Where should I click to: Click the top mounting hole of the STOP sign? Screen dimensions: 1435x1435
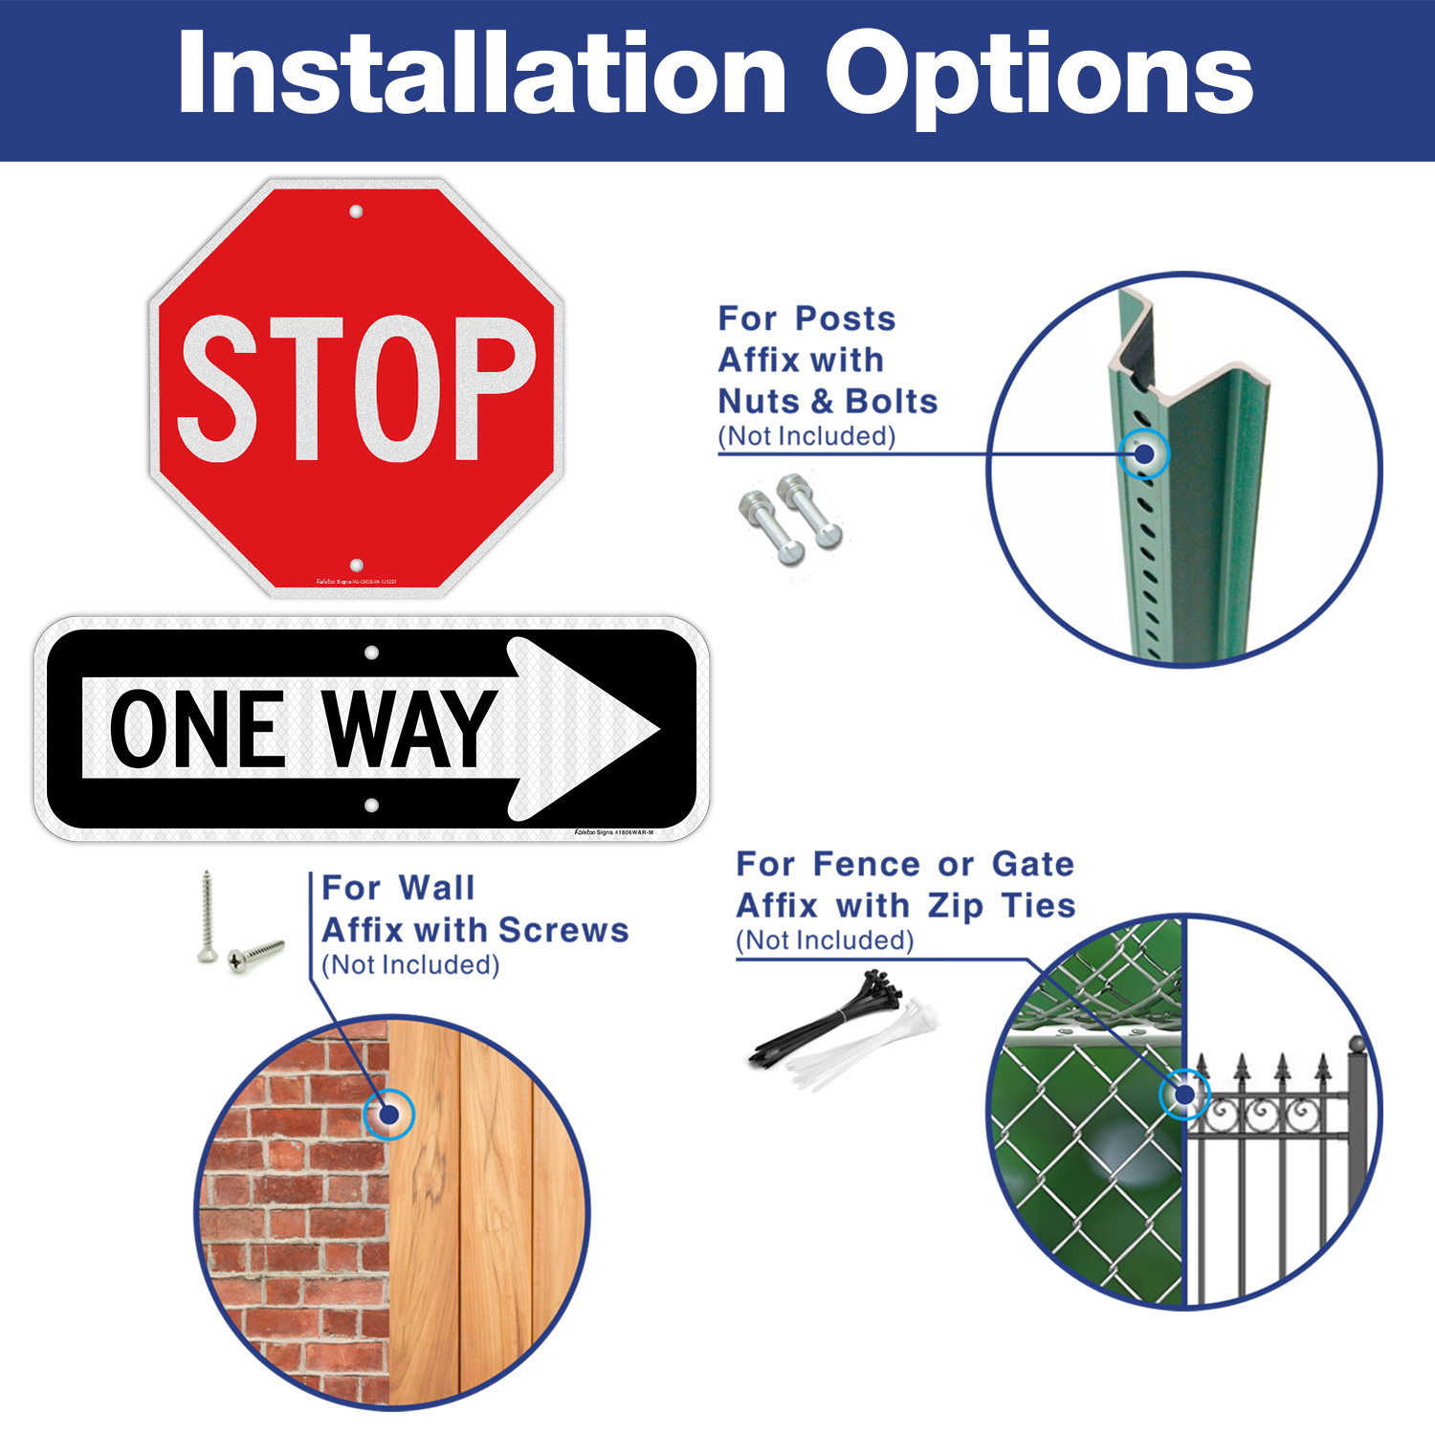356,211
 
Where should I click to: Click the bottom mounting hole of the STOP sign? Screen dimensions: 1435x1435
357,565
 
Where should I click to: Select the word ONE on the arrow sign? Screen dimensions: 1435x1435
198,729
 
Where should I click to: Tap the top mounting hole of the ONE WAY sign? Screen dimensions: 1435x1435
372,652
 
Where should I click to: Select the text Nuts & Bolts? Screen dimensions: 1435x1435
828,401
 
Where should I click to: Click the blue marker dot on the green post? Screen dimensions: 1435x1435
1144,453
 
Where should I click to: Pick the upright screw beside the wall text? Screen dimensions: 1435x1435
207,916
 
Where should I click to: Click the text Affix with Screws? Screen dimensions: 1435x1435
475,930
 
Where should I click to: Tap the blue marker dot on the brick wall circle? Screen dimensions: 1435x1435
388,1115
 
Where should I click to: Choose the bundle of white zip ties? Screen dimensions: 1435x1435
866,1048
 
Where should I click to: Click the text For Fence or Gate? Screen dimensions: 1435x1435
905,864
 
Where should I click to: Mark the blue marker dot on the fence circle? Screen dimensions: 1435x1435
1184,1094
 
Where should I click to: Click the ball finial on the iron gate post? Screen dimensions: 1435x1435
1357,1043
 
